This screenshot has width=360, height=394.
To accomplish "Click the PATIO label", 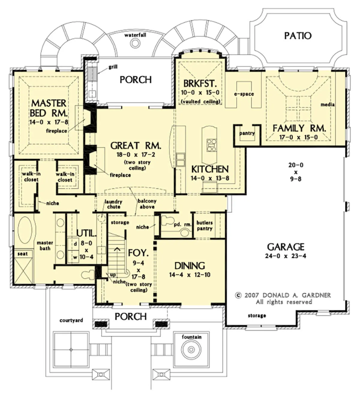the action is coord(298,36).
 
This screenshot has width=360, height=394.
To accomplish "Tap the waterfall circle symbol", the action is coord(135,43).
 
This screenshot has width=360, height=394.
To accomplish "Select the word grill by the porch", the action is coord(113,67).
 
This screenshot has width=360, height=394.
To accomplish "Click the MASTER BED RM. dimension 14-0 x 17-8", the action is coord(49,122).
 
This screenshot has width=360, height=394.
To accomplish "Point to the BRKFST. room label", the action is coord(200,83).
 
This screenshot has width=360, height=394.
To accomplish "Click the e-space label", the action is coord(244,94).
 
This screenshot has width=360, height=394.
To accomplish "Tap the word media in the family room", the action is coord(328,104).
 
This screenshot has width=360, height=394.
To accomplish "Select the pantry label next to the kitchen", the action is coord(247,133).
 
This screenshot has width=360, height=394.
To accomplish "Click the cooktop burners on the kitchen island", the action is coord(211,145).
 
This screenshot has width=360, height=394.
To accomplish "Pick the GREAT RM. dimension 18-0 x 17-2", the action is coord(136,155).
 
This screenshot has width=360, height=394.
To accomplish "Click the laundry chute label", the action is coord(113,204).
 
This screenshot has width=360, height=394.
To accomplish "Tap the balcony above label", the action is coord(147,204).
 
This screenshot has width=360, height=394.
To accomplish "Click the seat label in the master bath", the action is coord(22,254).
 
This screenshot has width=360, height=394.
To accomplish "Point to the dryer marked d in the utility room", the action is coord(75,244).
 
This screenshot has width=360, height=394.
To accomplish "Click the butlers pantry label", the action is coord(205,225).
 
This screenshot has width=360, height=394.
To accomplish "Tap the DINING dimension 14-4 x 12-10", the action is coord(190,275).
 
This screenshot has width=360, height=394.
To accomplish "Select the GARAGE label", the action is coord(286,247).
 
